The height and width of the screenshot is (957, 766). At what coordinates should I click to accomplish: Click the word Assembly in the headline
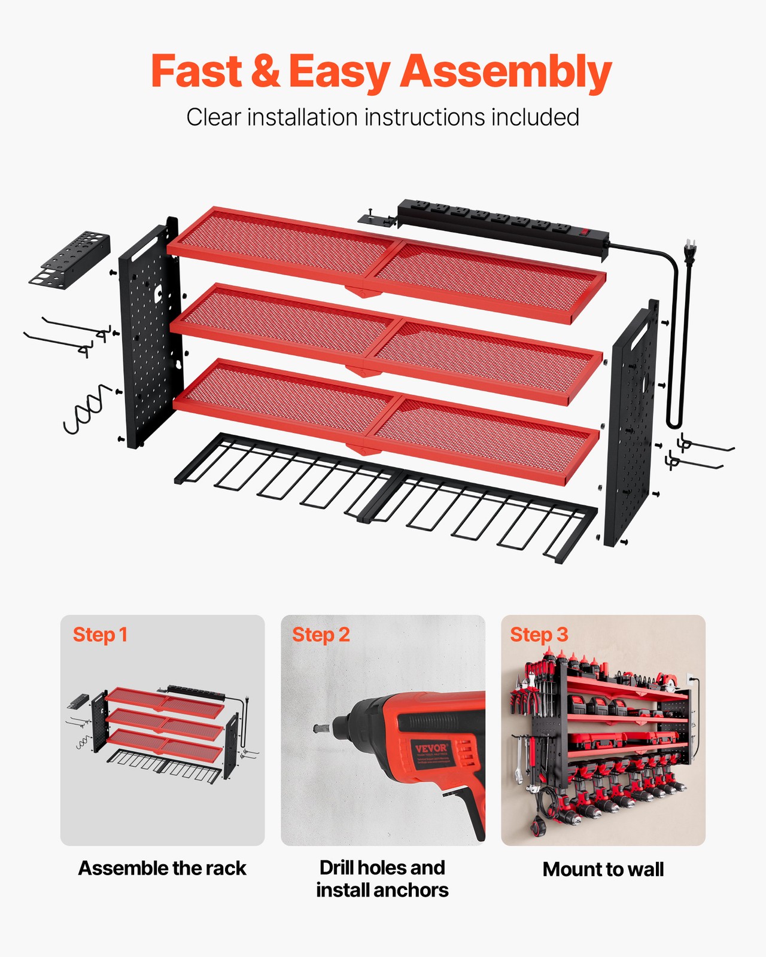pos(506,72)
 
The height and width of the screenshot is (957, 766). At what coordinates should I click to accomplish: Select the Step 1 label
pos(100,635)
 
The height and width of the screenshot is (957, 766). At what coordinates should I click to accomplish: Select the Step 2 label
pos(321,635)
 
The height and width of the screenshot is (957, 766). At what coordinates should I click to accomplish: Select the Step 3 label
pos(539,635)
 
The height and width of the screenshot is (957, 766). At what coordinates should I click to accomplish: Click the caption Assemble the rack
pos(162,868)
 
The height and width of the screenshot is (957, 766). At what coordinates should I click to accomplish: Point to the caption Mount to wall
pos(603,869)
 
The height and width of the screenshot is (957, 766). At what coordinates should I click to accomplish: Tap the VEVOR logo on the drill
pos(431,748)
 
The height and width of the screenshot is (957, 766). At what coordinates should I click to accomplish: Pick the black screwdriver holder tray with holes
pos(71,259)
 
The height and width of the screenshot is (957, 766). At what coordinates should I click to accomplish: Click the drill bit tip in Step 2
pos(318,729)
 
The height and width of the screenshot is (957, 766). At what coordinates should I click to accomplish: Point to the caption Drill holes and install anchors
pos(382,879)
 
